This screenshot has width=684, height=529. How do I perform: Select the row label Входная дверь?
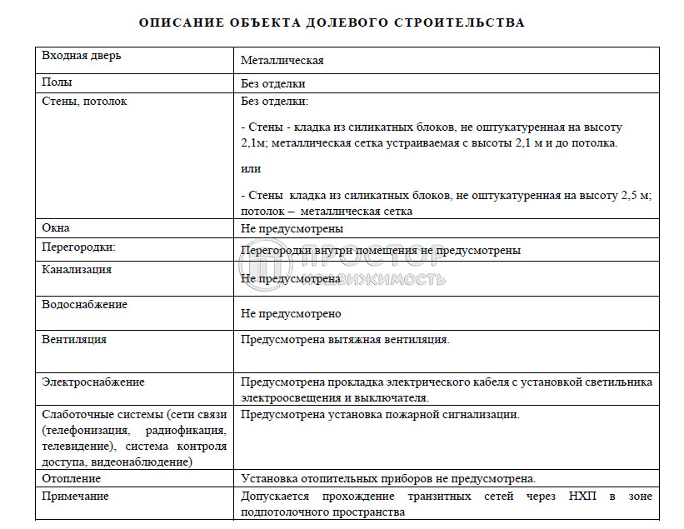pyautogui.click(x=82, y=56)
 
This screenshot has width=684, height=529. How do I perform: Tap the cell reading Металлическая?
pyautogui.click(x=282, y=61)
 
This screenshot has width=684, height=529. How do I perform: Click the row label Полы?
pyautogui.click(x=57, y=82)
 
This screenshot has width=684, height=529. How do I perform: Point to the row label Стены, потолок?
pyautogui.click(x=85, y=101)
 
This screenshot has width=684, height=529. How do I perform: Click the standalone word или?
pyautogui.click(x=251, y=168)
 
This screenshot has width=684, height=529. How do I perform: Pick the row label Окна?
pyautogui.click(x=57, y=227)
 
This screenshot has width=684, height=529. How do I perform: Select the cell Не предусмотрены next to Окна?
pyautogui.click(x=292, y=228)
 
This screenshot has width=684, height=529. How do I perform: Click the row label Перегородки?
pyautogui.click(x=79, y=247)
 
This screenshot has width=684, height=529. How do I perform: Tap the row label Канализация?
pyautogui.click(x=77, y=269)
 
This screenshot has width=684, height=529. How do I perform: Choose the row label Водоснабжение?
pyautogui.click(x=85, y=304)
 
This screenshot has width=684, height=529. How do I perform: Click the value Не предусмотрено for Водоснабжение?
pyautogui.click(x=291, y=314)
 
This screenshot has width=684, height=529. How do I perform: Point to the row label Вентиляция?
pyautogui.click(x=74, y=339)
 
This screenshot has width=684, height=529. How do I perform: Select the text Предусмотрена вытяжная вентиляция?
pyautogui.click(x=346, y=340)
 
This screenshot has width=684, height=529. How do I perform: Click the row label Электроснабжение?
pyautogui.click(x=93, y=382)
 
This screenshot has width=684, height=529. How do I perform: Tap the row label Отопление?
pyautogui.click(x=72, y=478)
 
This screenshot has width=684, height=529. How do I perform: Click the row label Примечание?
pyautogui.click(x=76, y=496)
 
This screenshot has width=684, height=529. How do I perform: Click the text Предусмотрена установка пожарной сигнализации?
pyautogui.click(x=380, y=414)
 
